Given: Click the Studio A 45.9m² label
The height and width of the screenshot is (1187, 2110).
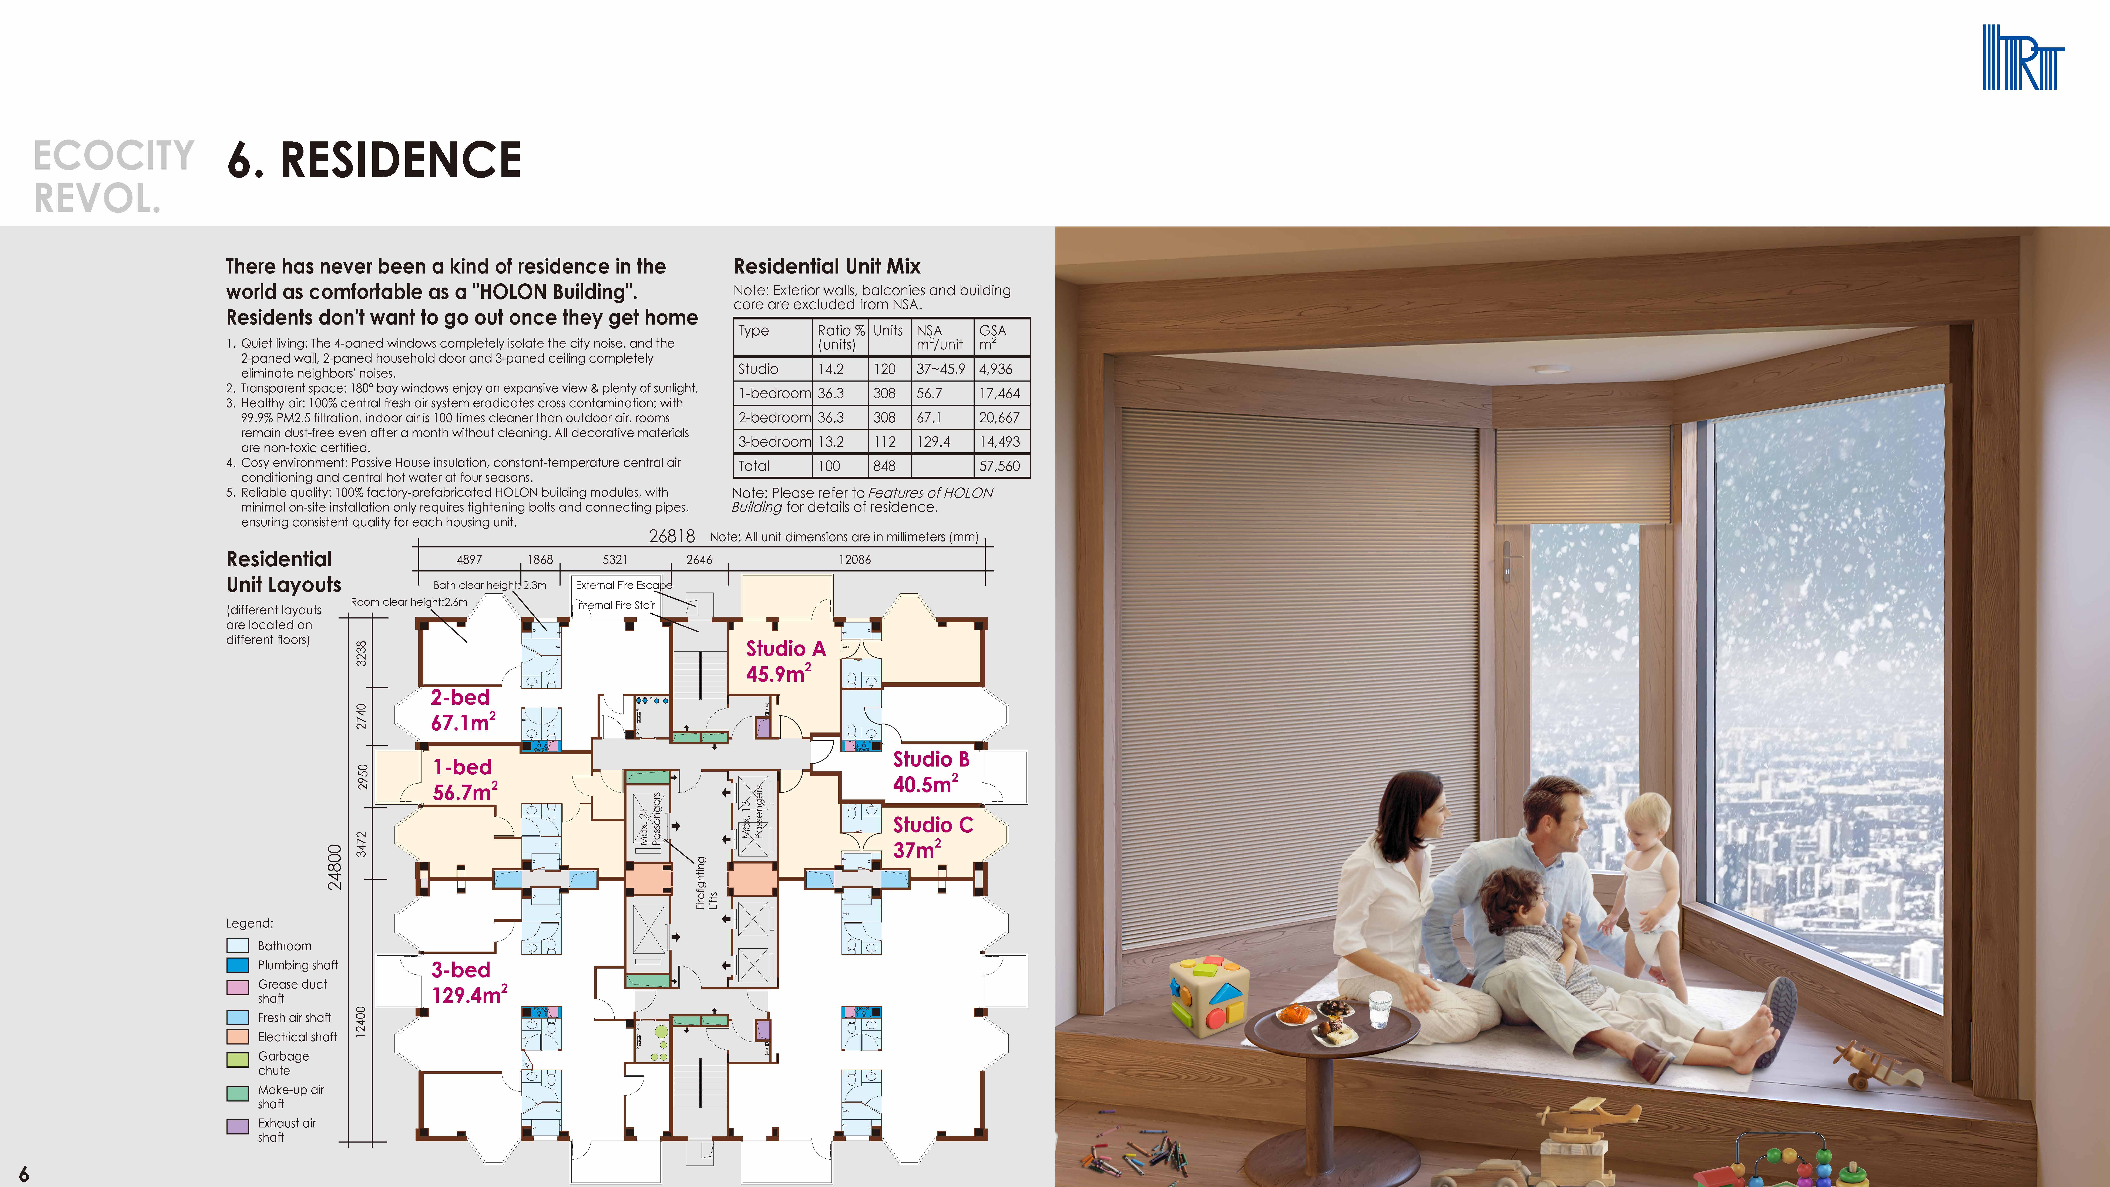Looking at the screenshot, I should tap(785, 661).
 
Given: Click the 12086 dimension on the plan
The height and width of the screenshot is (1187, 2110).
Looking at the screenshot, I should tap(854, 560).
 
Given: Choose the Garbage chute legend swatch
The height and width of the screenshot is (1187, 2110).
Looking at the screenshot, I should tap(238, 1059).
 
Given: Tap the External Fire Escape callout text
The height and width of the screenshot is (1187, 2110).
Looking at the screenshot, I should tap(623, 585).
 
